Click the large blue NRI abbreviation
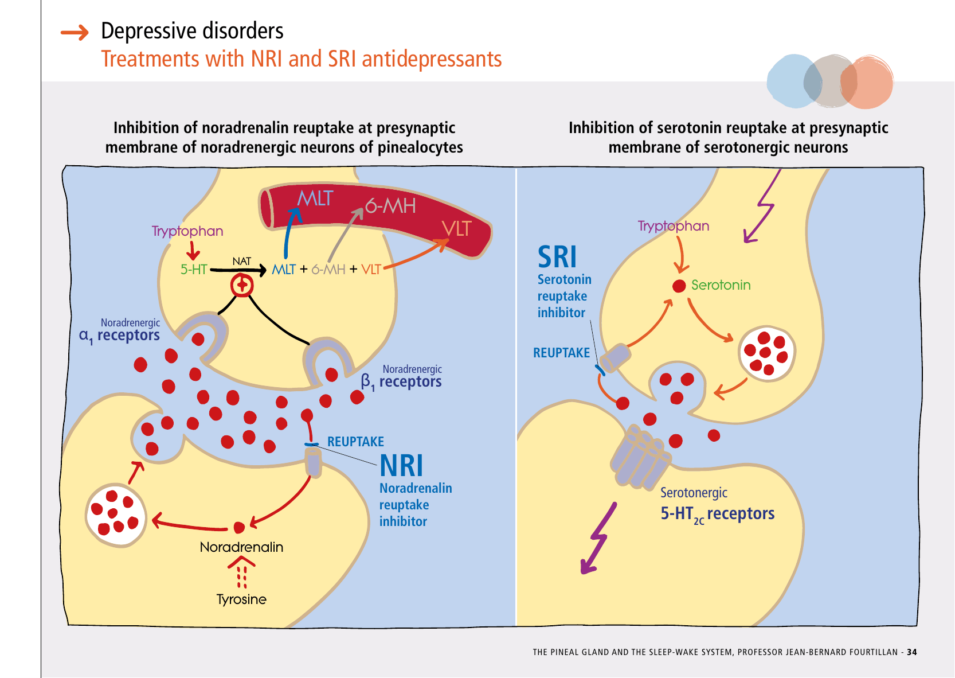(401, 465)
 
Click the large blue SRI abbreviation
(557, 257)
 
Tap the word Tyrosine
(241, 599)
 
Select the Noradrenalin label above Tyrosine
(241, 547)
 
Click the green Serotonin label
(721, 285)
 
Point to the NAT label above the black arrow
(241, 262)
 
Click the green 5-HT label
(194, 270)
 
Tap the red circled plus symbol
(242, 285)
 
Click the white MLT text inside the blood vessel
(315, 198)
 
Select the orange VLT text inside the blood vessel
(456, 229)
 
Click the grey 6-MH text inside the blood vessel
(390, 206)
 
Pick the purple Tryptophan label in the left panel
(187, 231)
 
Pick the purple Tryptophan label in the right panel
(674, 226)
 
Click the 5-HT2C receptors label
(717, 514)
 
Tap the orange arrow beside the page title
(75, 33)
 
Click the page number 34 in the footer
(911, 652)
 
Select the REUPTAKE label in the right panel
(561, 353)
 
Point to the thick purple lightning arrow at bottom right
(598, 538)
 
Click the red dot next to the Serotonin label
(679, 286)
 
